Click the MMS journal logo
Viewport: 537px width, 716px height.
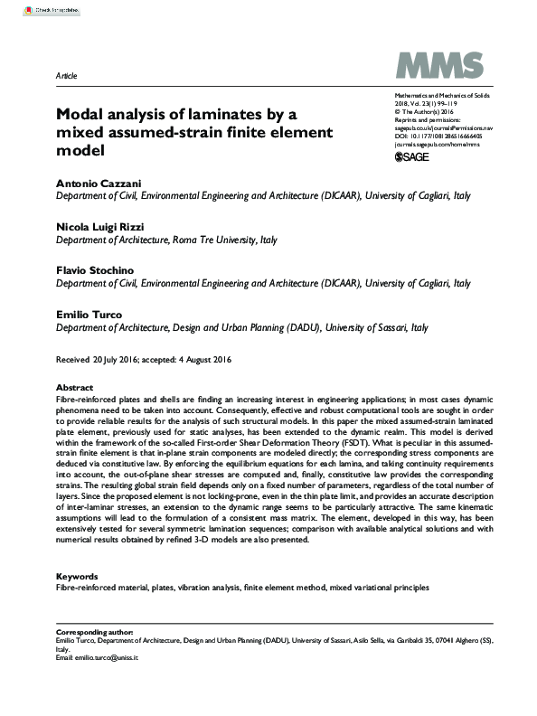(433, 66)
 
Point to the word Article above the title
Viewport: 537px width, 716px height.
(66, 75)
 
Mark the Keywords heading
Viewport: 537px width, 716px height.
(79, 576)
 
